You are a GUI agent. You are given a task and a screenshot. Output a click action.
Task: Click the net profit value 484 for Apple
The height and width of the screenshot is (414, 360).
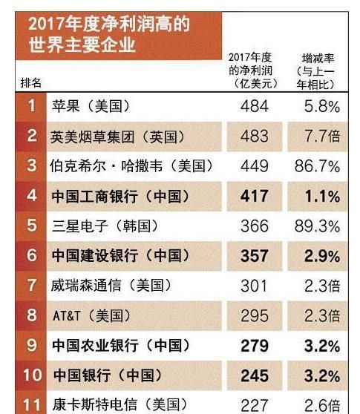[255, 106]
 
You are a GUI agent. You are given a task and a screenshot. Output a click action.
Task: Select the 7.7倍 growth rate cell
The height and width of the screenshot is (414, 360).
[322, 137]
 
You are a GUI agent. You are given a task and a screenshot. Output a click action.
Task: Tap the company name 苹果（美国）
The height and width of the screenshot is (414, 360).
[91, 106]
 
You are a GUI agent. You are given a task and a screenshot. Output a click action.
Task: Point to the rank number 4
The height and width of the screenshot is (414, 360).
[32, 196]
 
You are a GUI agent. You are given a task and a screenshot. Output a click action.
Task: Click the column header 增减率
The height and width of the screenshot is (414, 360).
[318, 58]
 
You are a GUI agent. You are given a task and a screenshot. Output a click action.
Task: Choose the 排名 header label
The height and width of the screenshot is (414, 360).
[31, 83]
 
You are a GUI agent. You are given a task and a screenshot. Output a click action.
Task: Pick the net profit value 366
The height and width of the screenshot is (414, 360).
[255, 226]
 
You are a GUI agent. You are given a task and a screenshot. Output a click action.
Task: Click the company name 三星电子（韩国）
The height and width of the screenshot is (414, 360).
[105, 226]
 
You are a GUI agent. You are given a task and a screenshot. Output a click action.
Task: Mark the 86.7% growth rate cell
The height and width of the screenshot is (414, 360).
[317, 166]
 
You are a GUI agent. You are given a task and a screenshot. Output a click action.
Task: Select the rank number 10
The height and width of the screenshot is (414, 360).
[33, 375]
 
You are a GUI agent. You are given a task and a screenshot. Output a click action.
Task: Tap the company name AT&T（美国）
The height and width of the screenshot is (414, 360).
[92, 316]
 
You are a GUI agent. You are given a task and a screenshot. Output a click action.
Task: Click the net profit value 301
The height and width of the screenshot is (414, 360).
[254, 286]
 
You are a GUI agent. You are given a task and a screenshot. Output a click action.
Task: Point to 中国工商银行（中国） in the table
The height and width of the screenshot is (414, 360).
[121, 197]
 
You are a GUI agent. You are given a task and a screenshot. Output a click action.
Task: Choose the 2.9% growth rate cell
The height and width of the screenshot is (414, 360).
[322, 256]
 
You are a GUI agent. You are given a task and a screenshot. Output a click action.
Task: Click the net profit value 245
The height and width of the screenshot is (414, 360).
[255, 375]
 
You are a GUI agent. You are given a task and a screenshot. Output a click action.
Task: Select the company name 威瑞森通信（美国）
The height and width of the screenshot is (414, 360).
[111, 286]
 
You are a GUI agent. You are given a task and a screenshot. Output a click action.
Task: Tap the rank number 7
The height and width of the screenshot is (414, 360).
[32, 286]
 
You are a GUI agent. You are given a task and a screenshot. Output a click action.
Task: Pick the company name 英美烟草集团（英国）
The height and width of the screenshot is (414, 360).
[118, 137]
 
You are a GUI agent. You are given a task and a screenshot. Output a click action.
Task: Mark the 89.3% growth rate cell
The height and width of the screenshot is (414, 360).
[317, 226]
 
